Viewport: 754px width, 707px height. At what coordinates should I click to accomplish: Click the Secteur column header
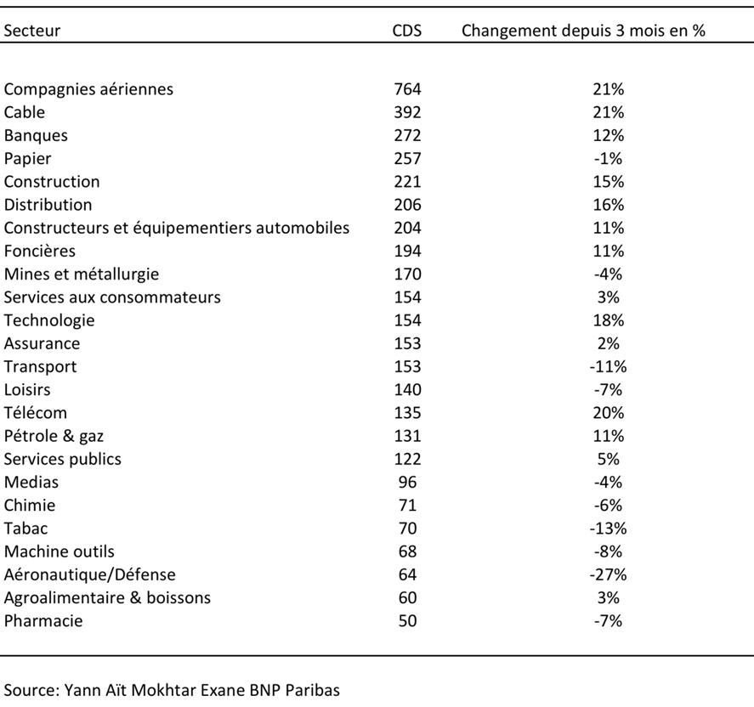point(32,31)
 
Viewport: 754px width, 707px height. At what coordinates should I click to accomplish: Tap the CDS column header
point(407,31)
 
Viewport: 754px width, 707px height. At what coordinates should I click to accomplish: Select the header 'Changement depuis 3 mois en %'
point(583,31)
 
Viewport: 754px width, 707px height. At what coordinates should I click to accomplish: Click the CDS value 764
point(407,89)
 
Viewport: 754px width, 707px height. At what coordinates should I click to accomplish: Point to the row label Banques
point(36,135)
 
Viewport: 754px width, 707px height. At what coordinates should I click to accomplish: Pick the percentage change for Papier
point(609,159)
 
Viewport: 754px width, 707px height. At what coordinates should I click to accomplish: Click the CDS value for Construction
point(407,182)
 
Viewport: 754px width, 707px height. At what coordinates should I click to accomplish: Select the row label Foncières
point(40,251)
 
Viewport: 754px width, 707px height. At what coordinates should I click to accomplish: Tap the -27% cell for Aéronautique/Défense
point(609,574)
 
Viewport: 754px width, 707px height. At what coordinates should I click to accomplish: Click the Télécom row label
point(36,413)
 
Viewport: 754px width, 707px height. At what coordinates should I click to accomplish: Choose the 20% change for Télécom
point(609,413)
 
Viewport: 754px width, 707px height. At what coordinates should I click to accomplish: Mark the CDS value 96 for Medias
point(407,482)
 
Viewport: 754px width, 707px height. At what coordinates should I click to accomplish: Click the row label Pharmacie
point(43,620)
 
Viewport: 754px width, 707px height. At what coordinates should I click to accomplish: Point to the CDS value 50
point(407,620)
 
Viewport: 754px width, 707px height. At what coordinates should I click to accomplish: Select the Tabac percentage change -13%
point(609,529)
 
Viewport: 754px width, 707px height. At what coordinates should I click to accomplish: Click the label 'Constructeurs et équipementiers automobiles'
point(177,228)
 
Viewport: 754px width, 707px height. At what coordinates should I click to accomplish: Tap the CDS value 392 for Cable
point(407,112)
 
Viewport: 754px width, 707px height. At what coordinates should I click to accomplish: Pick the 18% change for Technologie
point(609,320)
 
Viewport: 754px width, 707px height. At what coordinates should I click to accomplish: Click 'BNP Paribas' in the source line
point(294,690)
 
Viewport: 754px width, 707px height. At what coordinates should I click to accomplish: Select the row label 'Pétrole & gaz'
point(54,436)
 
